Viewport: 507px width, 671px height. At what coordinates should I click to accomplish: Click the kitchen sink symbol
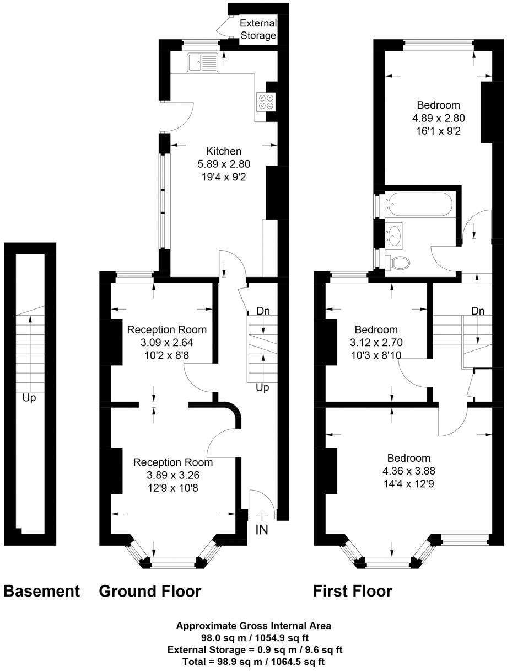coord(202,62)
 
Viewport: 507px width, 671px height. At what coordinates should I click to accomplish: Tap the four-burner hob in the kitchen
coord(266,102)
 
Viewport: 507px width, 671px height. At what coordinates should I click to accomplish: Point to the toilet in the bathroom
coord(398,262)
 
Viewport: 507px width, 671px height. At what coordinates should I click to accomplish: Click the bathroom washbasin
coord(394,235)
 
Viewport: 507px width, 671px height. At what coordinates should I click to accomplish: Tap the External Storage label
coord(258,29)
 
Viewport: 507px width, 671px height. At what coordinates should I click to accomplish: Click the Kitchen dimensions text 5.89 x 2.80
coord(224,164)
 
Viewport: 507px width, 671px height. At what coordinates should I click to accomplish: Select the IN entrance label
coord(262,530)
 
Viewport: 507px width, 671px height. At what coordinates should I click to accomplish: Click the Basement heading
coord(42,591)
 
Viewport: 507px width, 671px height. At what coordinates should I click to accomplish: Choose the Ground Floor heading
coord(150,591)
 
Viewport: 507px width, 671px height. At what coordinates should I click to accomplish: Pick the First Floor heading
coord(353,591)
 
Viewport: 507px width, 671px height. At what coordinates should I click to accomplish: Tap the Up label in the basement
coord(29,398)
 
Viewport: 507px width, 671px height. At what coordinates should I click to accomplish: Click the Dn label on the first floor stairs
coord(478,311)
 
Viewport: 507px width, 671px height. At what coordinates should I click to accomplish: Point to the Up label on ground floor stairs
coord(262,388)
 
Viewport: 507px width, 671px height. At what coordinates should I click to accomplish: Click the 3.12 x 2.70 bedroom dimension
coord(376,342)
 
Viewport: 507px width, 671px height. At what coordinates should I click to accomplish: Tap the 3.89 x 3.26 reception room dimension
coord(172,475)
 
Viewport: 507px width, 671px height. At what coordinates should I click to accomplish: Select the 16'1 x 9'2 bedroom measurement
coord(438,131)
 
